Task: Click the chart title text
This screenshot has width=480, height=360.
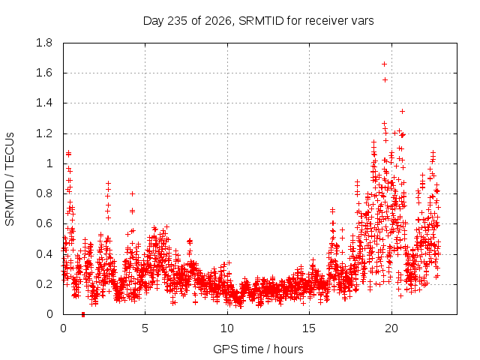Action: click(258, 21)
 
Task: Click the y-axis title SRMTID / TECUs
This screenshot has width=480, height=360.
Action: click(10, 179)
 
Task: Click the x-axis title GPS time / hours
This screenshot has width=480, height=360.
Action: click(258, 349)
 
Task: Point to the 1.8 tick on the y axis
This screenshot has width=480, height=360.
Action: click(44, 43)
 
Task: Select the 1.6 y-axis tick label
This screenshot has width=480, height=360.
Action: click(44, 73)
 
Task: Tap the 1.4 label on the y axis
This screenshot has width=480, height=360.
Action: click(44, 103)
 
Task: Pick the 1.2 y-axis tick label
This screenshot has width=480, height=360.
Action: click(44, 133)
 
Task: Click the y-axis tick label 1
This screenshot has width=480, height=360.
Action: click(49, 163)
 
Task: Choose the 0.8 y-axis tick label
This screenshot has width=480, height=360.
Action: click(44, 193)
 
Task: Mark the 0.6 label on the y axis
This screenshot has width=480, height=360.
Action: click(44, 223)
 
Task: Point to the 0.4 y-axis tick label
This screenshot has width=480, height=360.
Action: click(44, 254)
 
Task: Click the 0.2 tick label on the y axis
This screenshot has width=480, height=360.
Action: click(44, 284)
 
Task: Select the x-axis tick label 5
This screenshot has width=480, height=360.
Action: click(145, 328)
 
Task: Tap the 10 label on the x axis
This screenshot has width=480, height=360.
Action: click(227, 328)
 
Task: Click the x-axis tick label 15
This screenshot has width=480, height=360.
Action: click(309, 328)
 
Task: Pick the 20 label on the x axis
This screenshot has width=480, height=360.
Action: click(391, 328)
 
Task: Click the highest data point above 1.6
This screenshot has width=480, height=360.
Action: click(384, 64)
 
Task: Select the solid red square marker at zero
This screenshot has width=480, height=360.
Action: click(83, 314)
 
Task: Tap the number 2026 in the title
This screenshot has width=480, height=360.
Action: click(217, 21)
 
